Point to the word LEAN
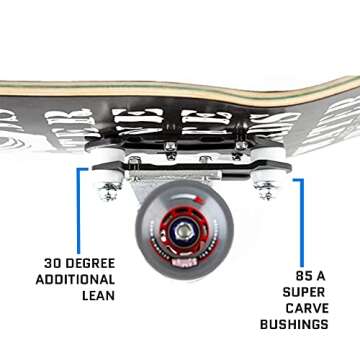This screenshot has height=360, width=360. coord(96,297)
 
